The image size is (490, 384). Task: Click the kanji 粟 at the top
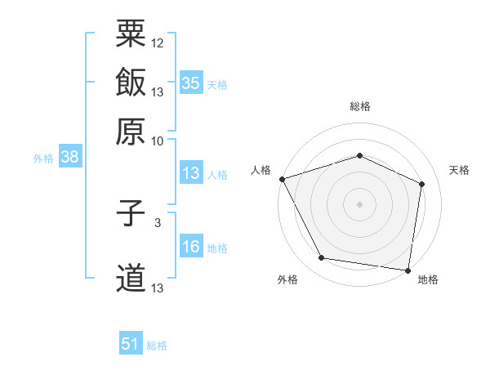click(131, 34)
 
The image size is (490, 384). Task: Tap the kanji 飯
click(131, 83)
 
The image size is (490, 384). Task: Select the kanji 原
click(131, 130)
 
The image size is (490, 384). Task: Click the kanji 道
click(131, 278)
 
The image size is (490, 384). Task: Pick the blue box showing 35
click(191, 83)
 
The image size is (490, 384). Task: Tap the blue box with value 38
click(69, 158)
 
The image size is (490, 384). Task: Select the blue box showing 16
click(191, 247)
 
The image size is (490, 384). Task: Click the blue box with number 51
click(131, 344)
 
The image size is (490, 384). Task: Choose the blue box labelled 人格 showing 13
click(191, 173)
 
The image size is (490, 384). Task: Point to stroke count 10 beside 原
click(158, 140)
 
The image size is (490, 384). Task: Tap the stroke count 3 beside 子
click(157, 221)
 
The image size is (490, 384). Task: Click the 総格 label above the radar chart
click(359, 107)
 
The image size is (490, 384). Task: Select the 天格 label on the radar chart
click(459, 170)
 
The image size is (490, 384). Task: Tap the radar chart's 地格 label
click(428, 279)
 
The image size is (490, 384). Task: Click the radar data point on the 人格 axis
click(282, 179)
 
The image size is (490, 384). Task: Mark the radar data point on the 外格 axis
click(322, 258)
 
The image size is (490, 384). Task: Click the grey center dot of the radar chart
click(359, 204)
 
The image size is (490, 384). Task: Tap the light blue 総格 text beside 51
click(157, 346)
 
